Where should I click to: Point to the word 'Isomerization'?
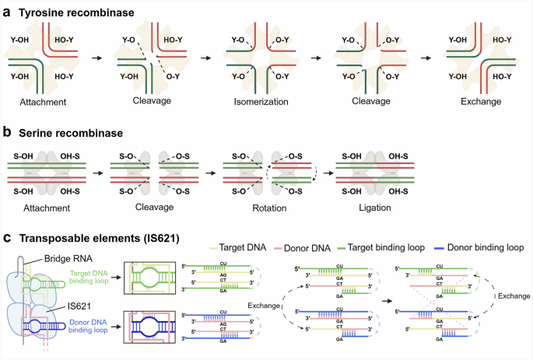click(x=256, y=102)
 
